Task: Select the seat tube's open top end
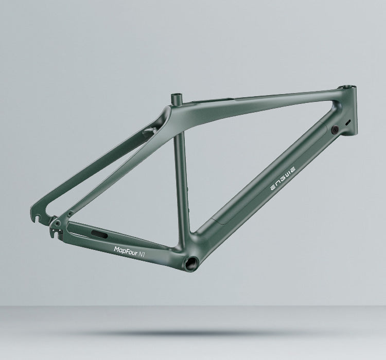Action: [x=177, y=95]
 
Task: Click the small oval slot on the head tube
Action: [x=348, y=122]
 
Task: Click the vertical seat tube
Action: [x=181, y=175]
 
